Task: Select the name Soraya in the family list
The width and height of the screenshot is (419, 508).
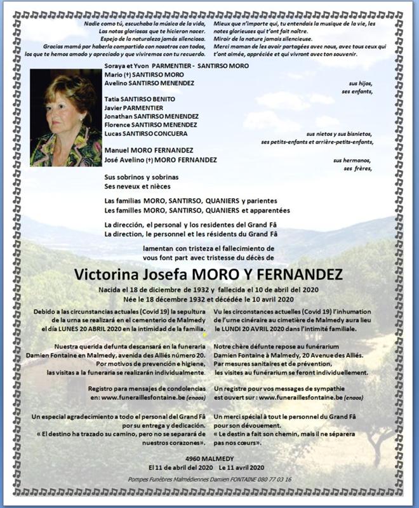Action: (x=114, y=66)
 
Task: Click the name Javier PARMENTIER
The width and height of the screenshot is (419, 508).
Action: (x=136, y=108)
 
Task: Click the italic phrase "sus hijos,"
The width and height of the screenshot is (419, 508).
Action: (x=362, y=84)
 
